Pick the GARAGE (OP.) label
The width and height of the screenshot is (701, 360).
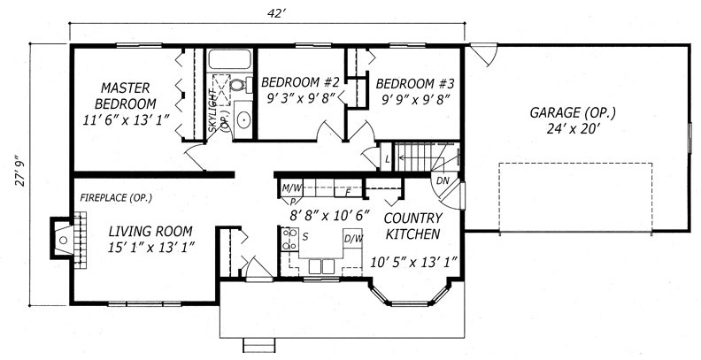[573, 113]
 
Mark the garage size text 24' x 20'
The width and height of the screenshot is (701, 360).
[573, 130]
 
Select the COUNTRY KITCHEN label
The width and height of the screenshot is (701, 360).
[412, 226]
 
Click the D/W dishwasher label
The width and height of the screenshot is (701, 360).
[352, 239]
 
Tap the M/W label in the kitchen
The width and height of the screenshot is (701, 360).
[290, 188]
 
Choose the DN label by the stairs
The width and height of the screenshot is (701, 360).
[443, 180]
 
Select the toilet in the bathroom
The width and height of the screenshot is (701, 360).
[236, 86]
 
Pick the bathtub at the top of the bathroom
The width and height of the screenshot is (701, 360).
[230, 60]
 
